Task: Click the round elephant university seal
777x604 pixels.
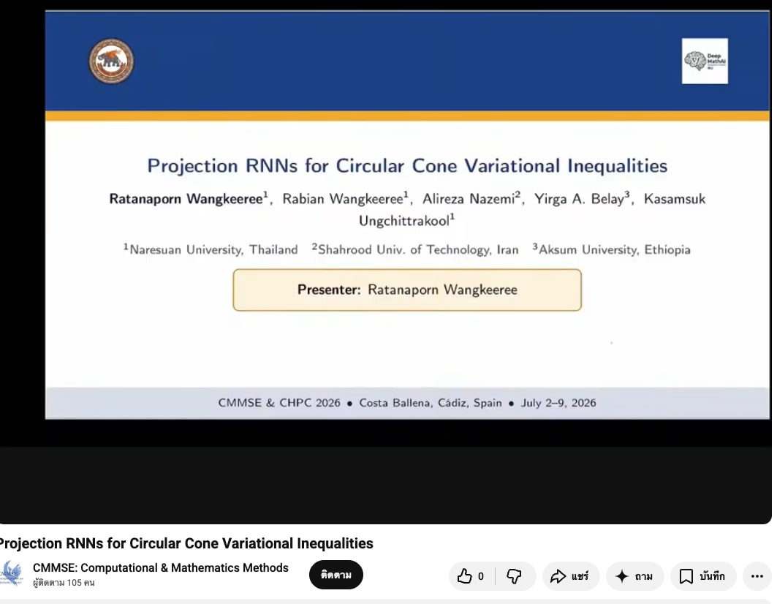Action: click(111, 61)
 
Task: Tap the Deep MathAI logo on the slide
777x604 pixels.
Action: click(705, 61)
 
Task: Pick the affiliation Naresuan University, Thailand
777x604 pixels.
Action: click(211, 249)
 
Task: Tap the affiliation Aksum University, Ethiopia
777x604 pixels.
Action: click(612, 249)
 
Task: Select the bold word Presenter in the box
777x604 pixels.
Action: click(328, 290)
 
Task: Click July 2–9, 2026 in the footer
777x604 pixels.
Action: click(558, 403)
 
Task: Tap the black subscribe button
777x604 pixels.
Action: click(336, 575)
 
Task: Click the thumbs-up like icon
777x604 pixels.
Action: click(464, 576)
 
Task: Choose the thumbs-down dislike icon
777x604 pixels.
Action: click(514, 576)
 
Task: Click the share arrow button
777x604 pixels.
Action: click(570, 576)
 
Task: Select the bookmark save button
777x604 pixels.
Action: click(703, 576)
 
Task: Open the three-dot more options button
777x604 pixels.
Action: click(757, 576)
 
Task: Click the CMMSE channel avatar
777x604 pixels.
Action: click(12, 574)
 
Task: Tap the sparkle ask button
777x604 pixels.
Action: click(634, 576)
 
